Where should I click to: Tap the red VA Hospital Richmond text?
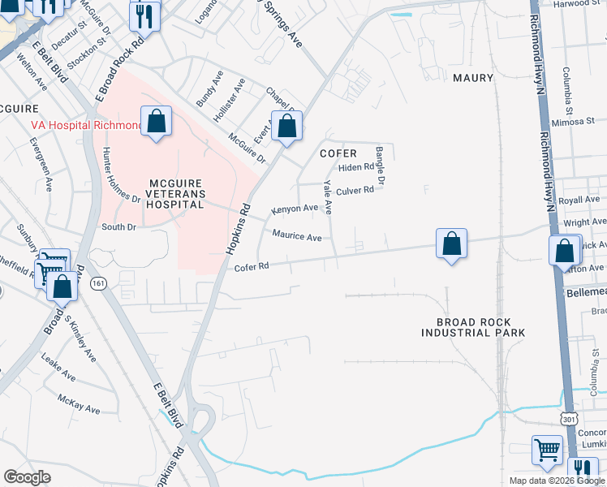(85, 125)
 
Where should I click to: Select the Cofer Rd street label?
(251, 267)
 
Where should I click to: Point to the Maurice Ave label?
(297, 237)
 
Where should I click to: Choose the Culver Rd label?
(355, 191)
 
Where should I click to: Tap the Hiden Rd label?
(356, 168)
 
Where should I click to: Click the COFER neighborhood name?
(338, 153)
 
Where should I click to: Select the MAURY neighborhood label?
(474, 78)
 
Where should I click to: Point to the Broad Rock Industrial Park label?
(474, 327)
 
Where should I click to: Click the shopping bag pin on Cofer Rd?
(451, 243)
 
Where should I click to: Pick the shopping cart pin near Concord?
(548, 450)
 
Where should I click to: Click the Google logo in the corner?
(27, 477)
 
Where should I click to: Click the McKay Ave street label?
(79, 403)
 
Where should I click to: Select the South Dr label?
(118, 227)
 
